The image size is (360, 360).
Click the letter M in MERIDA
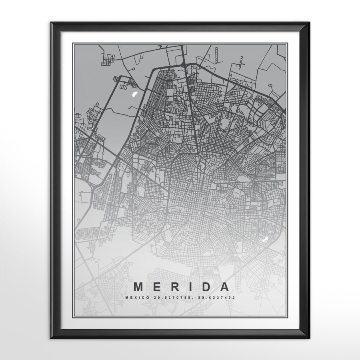point(138,287)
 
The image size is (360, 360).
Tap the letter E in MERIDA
point(157,287)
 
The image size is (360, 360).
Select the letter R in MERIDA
point(174,287)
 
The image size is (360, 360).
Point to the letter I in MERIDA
point(190,287)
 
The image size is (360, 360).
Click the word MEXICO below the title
point(136,298)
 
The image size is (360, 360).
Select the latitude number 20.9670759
point(167,298)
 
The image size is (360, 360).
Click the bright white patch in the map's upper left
point(135,94)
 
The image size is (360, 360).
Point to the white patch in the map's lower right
point(264,239)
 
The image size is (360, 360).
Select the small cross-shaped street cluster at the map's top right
point(242,61)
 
